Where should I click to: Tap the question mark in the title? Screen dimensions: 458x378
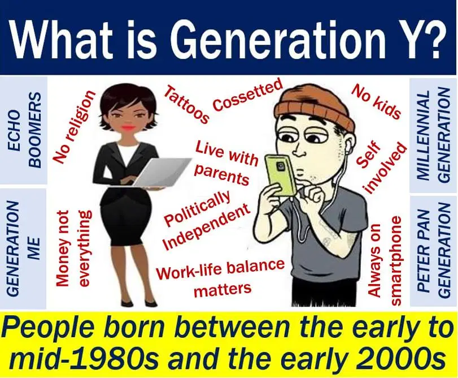point(433,38)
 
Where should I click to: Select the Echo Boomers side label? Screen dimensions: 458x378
point(24,130)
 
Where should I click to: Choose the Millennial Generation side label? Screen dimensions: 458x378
point(434,135)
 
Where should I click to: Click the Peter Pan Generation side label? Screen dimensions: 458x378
point(434,252)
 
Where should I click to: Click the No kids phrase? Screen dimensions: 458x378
point(376,101)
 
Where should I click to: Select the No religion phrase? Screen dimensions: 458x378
point(73,126)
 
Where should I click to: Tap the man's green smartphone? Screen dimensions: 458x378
point(280,175)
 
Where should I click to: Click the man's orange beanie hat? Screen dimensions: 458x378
point(314,107)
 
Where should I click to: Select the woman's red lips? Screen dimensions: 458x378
point(128,127)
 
